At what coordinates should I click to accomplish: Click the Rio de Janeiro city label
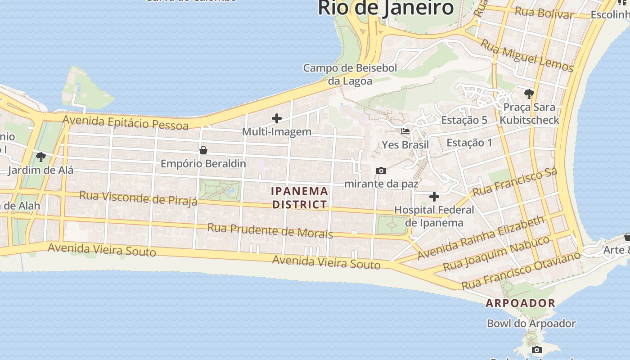[x=386, y=8]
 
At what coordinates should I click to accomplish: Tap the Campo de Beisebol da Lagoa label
[x=350, y=75]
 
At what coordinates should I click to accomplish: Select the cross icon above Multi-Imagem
[x=277, y=118]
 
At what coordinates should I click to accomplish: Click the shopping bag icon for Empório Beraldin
[x=203, y=150]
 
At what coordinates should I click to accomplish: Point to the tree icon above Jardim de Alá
[x=41, y=157]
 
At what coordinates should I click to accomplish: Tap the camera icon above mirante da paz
[x=381, y=171]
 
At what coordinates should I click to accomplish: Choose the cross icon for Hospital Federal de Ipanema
[x=434, y=197]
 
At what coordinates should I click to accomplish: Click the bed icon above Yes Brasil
[x=405, y=131]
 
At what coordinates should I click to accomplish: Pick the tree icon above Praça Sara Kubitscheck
[x=529, y=94]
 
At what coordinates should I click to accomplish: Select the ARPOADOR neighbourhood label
[x=520, y=303]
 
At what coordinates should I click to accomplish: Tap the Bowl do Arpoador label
[x=531, y=324]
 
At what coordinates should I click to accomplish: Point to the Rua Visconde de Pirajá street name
[x=138, y=198]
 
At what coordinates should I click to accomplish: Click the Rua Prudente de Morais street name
[x=270, y=230]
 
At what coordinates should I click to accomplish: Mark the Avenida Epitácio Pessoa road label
[x=125, y=122]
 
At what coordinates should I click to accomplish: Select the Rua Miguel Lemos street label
[x=527, y=55]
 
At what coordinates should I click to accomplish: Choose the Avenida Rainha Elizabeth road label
[x=481, y=238]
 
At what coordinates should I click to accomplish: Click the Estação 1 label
[x=469, y=143]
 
